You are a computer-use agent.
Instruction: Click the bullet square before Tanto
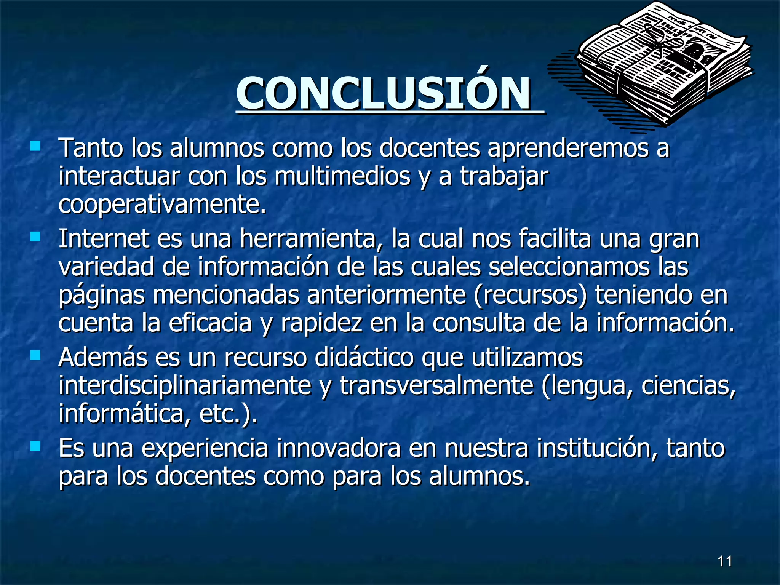pos(35,146)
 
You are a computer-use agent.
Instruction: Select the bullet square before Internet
pos(35,237)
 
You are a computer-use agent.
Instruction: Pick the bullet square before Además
pos(35,356)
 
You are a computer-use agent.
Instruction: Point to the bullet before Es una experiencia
pos(35,446)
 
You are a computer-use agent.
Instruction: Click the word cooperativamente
pos(162,205)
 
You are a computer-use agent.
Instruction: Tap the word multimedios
pos(342,176)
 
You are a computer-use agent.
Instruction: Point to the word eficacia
pos(210,323)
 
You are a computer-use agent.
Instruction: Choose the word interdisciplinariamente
pos(185,386)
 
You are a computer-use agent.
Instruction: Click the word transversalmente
pos(436,386)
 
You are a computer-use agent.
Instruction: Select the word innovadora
pos(338,448)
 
